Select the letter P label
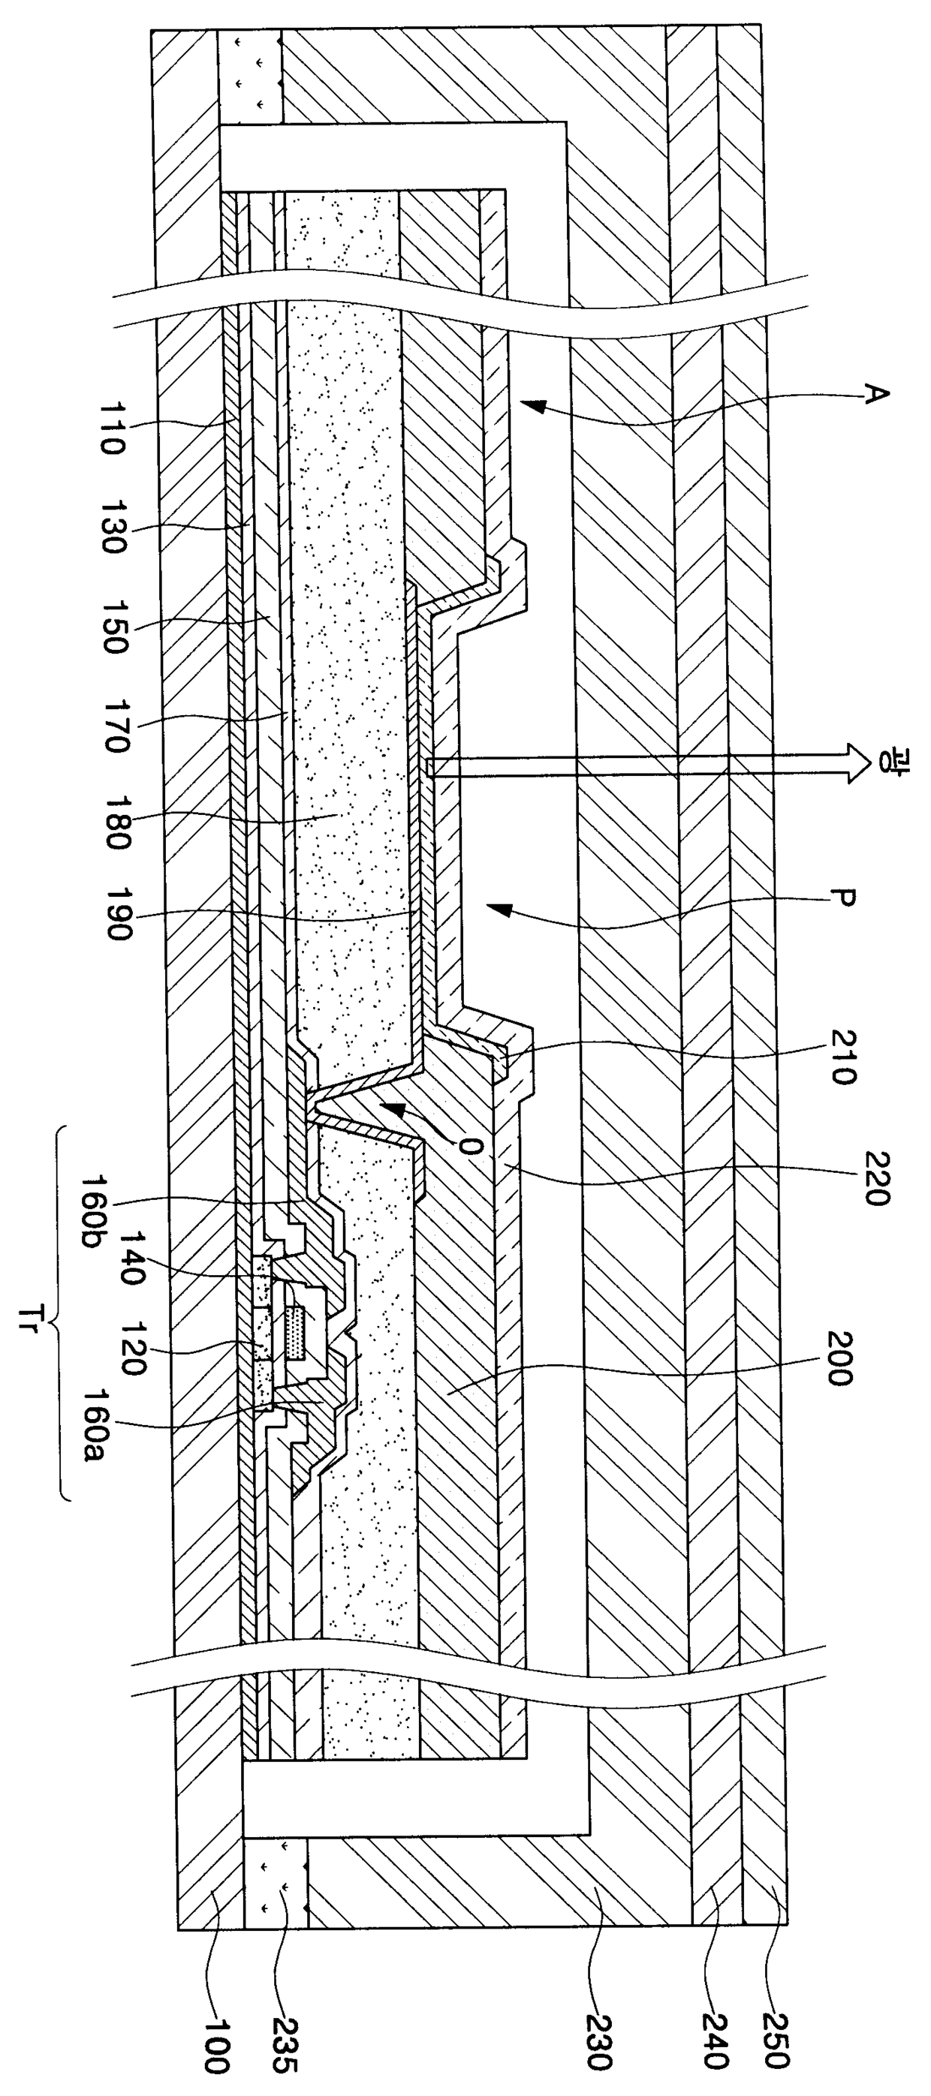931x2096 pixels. coord(842,901)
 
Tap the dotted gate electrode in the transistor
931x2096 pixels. coord(299,1332)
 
